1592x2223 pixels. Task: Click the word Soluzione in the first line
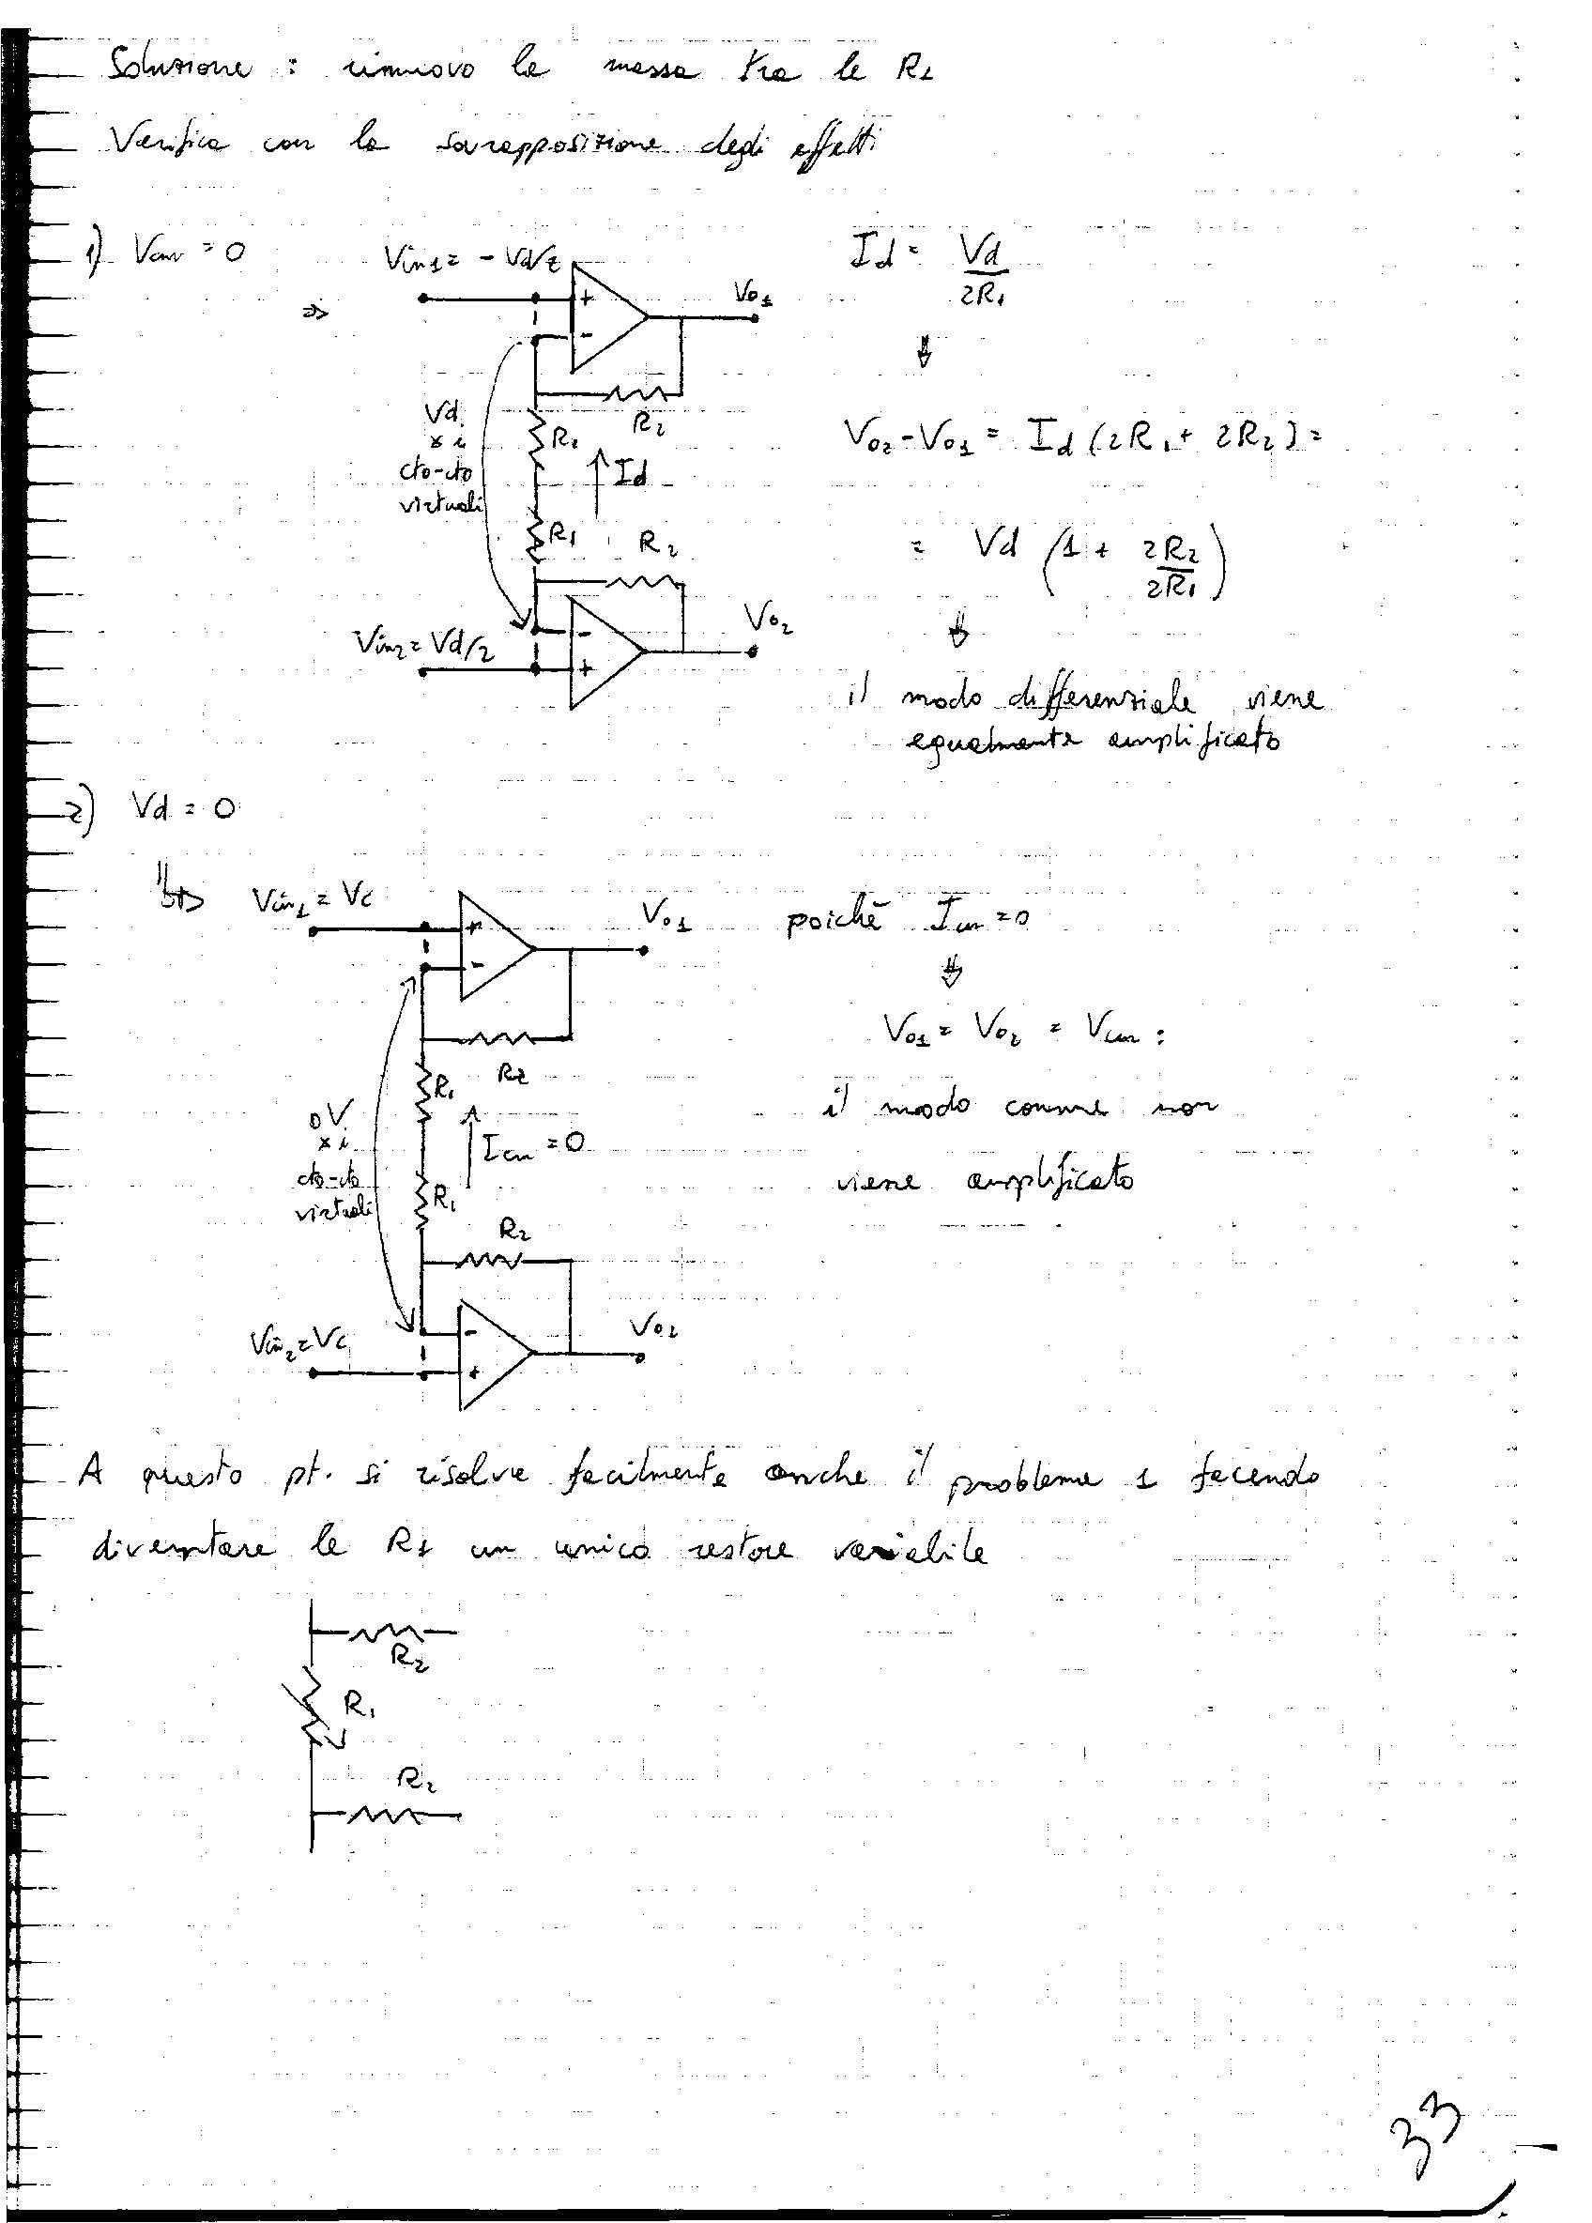(181, 70)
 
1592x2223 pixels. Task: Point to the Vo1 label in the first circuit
(752, 293)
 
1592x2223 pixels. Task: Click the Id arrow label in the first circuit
(631, 475)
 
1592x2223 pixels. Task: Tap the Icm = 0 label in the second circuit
(529, 1143)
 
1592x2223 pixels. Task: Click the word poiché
(833, 920)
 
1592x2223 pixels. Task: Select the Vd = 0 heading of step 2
(182, 806)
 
